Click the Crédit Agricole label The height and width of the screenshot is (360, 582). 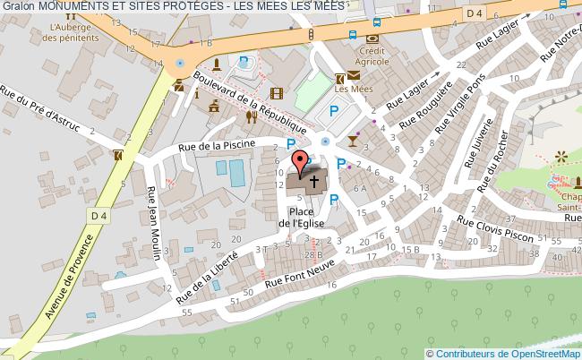372,57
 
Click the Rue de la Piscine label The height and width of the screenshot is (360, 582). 217,144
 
